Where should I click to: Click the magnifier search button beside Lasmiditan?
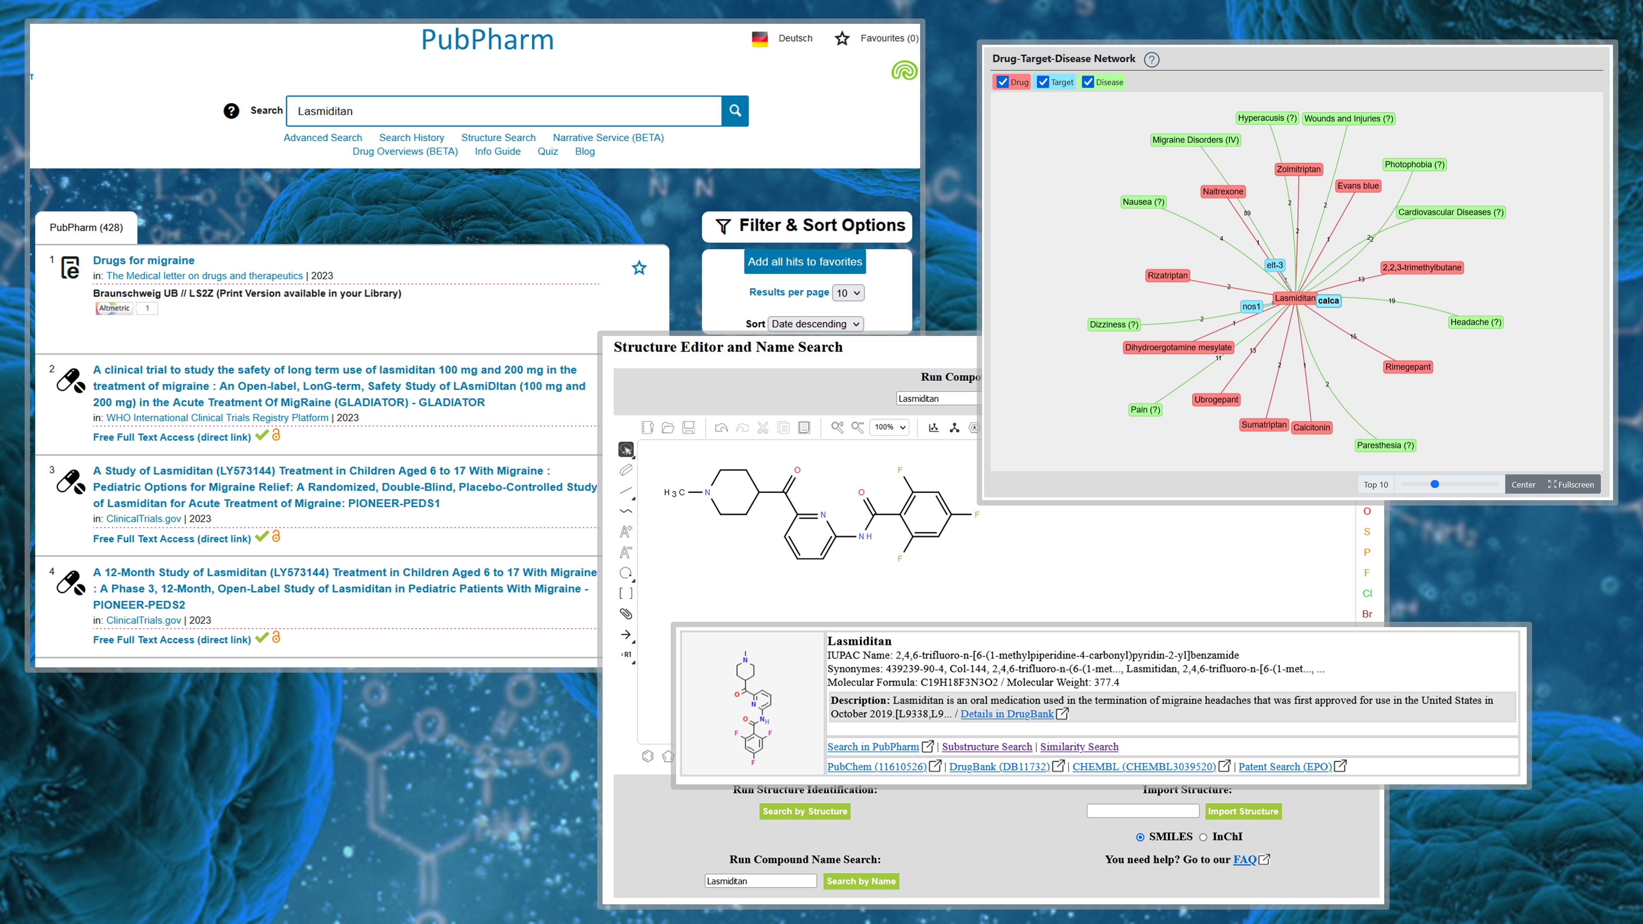click(x=735, y=111)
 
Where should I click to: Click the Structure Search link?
click(x=498, y=138)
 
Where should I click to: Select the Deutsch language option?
click(x=795, y=38)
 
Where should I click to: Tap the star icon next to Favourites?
click(x=842, y=38)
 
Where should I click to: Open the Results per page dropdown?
click(x=848, y=293)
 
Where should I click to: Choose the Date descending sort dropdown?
click(x=815, y=324)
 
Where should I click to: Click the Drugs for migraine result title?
click(x=143, y=260)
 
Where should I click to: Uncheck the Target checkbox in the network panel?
click(x=1043, y=82)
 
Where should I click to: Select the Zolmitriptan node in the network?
click(x=1298, y=169)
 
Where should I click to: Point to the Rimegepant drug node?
click(x=1408, y=367)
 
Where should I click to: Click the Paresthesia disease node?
click(x=1385, y=445)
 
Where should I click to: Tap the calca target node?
click(x=1328, y=300)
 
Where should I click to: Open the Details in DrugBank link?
click(x=1006, y=714)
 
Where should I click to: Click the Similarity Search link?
click(x=1079, y=747)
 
